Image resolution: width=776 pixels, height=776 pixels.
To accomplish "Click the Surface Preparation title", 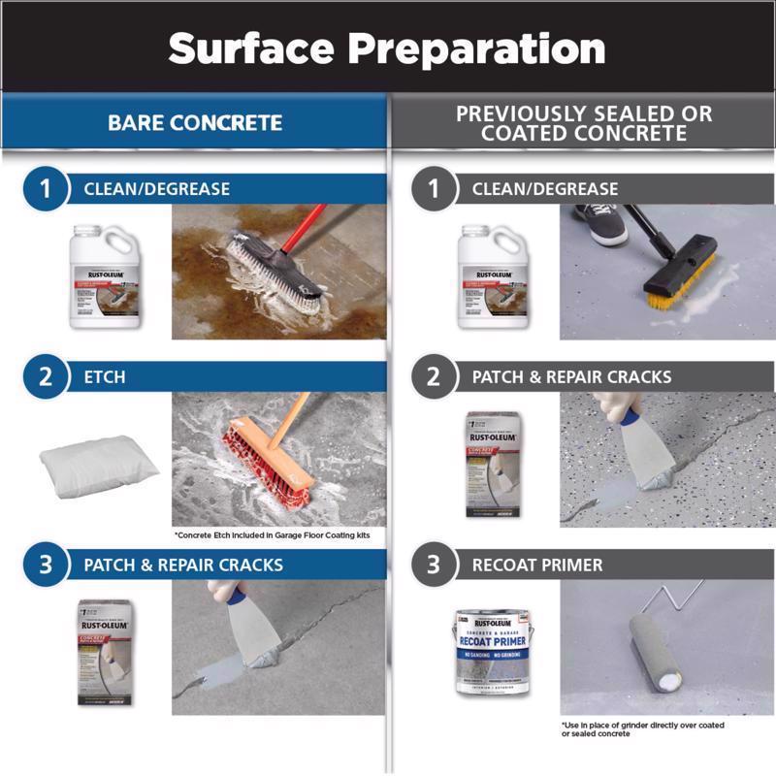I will (387, 48).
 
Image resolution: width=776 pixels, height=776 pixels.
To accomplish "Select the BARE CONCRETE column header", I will (195, 123).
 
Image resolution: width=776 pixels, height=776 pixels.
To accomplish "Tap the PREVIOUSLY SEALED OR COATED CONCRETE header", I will (584, 123).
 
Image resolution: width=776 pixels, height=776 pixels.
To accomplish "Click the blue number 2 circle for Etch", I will (46, 376).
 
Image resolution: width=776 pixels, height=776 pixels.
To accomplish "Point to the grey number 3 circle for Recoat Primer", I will (434, 565).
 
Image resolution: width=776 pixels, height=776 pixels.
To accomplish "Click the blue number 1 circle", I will (46, 189).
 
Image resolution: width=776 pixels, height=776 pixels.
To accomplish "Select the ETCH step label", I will (105, 377).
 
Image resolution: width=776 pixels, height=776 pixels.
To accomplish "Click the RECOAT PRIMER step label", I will (537, 565).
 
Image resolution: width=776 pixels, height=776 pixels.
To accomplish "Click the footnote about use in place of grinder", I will (642, 728).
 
